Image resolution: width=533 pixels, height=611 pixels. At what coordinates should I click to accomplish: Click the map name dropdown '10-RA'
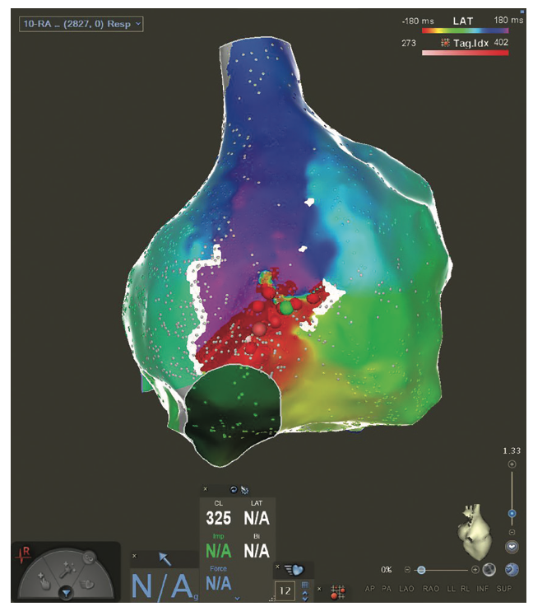click(81, 24)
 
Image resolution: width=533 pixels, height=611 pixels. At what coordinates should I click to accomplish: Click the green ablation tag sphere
click(286, 308)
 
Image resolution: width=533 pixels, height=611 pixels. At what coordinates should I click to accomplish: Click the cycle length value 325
click(218, 519)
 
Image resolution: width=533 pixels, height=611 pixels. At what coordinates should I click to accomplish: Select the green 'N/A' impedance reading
click(218, 551)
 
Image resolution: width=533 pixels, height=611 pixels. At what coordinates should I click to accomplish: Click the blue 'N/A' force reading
click(218, 583)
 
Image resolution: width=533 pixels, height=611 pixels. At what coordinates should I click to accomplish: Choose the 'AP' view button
click(368, 589)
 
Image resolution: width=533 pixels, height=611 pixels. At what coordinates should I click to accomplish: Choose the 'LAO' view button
click(406, 589)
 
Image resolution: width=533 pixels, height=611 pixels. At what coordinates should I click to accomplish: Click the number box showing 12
click(285, 590)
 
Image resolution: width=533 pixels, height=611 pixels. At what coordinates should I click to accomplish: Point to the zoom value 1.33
click(512, 450)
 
